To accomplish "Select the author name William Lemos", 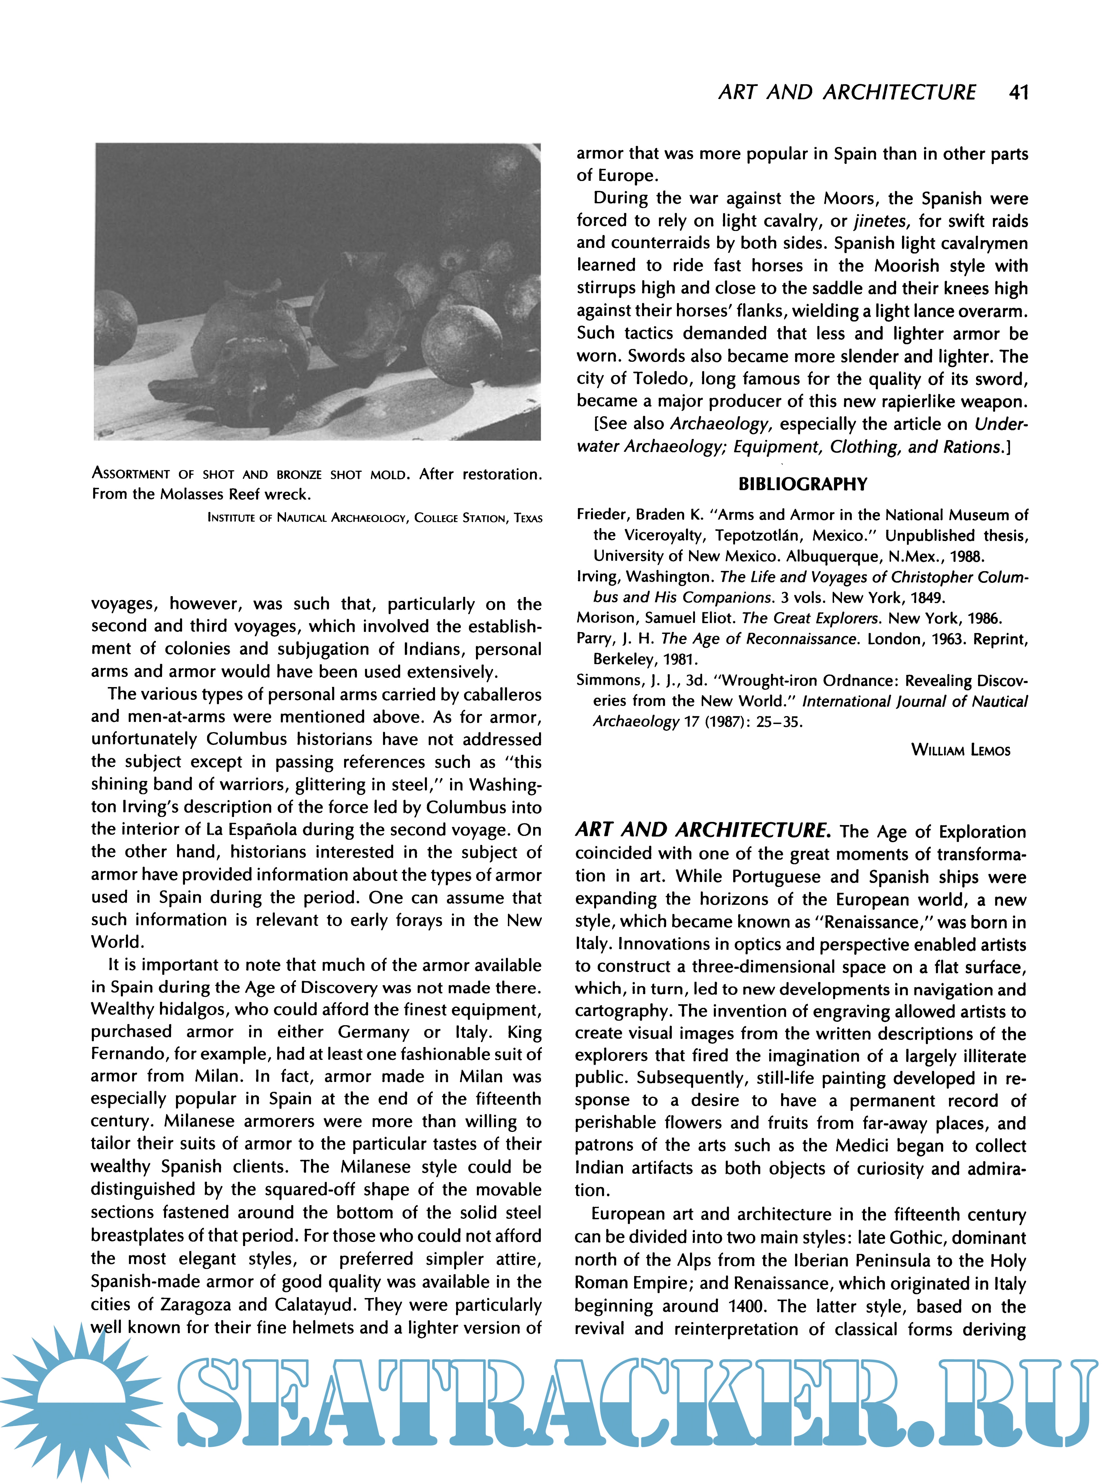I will [960, 750].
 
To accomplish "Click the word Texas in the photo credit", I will [528, 518].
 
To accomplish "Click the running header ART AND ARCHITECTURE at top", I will [846, 92].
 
